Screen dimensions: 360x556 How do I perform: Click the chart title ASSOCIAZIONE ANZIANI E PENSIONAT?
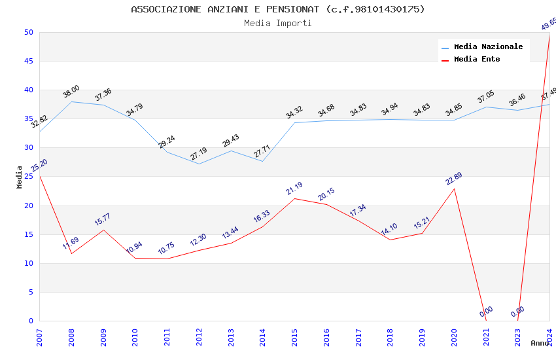coord(277,9)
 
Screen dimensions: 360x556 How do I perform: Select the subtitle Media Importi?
coord(277,24)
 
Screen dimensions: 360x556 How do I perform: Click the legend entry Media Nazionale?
coord(488,47)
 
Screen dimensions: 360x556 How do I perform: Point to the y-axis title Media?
coord(20,177)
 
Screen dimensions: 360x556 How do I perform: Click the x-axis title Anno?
coord(540,343)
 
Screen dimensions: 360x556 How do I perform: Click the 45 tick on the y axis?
coord(28,61)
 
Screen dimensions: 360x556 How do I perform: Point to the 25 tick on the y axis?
coord(28,177)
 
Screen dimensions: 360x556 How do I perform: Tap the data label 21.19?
coord(294,189)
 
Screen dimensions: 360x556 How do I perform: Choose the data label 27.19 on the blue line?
coord(199,154)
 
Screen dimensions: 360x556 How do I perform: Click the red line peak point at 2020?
coord(455,189)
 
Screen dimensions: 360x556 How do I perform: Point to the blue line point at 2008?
coord(71,101)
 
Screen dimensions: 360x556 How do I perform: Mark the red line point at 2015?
coord(295,198)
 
